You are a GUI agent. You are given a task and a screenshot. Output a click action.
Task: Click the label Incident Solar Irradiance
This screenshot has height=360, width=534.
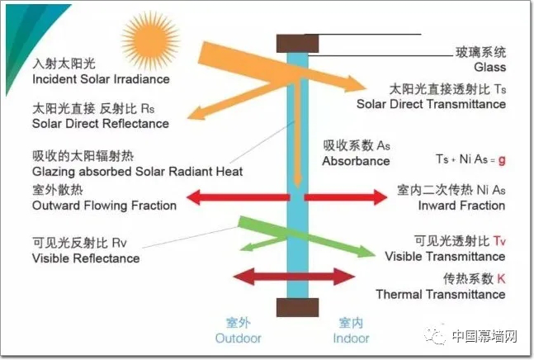100,79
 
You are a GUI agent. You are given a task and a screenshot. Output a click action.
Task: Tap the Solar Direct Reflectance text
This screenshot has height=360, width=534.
100,124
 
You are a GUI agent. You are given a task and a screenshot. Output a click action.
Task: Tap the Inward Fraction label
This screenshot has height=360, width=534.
461,205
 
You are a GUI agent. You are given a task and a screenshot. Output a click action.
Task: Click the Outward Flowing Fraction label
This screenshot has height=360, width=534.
104,205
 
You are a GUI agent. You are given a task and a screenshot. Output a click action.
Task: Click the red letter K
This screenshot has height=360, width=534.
501,279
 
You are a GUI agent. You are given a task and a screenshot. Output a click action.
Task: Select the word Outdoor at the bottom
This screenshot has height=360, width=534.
238,339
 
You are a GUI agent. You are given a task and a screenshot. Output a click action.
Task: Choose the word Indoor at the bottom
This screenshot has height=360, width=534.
351,339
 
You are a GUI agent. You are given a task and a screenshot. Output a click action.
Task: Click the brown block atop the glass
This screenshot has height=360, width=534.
298,41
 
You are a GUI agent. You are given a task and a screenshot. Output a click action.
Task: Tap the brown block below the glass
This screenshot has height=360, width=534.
298,308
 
